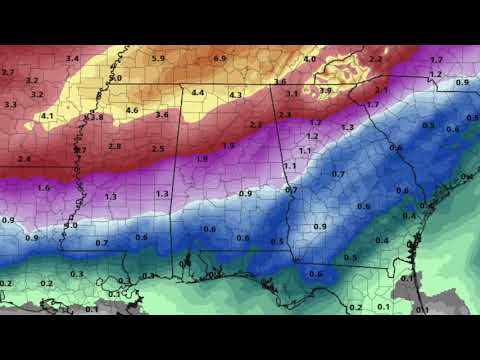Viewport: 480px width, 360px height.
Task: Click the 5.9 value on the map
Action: point(157,59)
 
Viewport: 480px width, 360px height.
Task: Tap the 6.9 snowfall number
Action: point(220,59)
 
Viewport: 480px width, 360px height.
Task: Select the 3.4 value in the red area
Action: point(72,59)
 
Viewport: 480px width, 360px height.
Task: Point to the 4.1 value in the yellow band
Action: point(47,115)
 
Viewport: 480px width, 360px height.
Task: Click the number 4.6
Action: point(131,109)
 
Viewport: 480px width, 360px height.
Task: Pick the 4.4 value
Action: point(198,93)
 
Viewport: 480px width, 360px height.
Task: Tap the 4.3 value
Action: point(236,95)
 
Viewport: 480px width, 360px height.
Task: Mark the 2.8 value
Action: point(114,146)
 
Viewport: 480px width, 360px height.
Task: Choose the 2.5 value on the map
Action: point(158,148)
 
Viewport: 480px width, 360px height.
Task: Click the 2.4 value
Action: point(24,159)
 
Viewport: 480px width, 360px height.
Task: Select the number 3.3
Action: point(11,104)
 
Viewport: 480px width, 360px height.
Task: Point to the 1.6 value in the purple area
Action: point(43,187)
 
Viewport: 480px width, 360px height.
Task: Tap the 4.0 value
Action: point(309,59)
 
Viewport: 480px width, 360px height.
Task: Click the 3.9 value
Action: point(325,91)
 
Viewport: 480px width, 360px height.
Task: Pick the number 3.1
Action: point(292,93)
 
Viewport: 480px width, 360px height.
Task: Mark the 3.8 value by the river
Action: point(95,118)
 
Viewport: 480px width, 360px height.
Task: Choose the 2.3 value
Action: point(285,115)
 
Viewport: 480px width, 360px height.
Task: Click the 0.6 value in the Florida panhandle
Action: point(316,274)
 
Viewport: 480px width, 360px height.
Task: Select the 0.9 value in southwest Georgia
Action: point(320,227)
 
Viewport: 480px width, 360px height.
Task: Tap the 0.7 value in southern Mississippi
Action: point(101,243)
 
